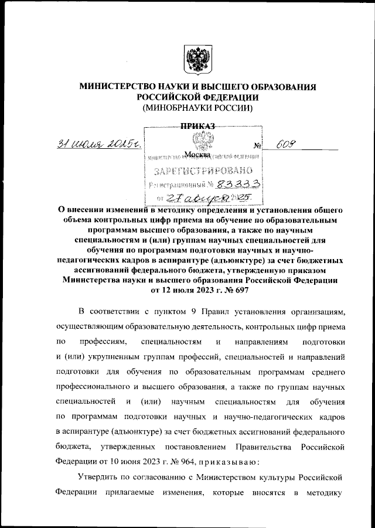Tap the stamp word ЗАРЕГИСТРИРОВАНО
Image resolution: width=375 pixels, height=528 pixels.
tap(203, 171)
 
